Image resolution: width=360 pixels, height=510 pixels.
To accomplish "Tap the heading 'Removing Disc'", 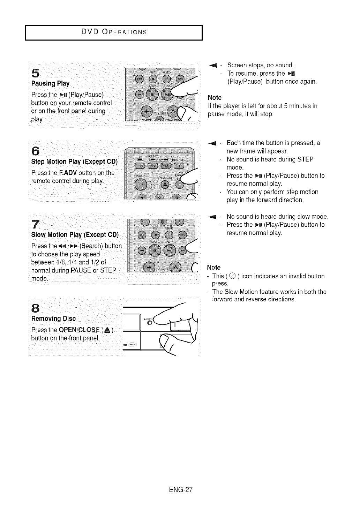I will coord(53,319).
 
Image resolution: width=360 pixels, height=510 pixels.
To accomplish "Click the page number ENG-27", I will coord(180,489).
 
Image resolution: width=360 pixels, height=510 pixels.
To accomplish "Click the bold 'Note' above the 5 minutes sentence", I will coord(215,97).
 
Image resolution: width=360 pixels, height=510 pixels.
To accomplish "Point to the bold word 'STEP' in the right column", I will coord(306,159).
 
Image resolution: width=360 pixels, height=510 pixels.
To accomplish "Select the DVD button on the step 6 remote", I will coord(153,165).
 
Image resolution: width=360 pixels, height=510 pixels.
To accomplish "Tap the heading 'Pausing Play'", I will coord(50,84).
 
